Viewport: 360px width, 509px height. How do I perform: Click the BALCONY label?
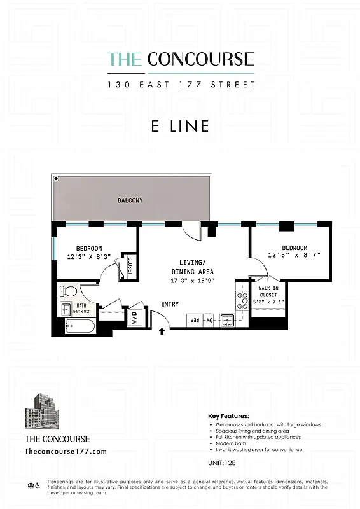130,200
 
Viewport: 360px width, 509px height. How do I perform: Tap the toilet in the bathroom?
68,292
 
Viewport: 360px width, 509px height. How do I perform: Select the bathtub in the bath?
80,328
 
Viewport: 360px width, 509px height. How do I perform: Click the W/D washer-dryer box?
135,317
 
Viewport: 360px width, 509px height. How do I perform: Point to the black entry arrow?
162,331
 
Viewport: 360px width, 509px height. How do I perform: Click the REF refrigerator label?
195,321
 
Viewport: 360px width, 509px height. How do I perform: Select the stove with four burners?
242,300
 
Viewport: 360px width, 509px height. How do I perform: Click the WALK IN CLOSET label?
268,291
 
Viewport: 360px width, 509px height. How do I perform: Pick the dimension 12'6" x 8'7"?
294,256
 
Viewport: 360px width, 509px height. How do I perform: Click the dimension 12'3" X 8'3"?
93,256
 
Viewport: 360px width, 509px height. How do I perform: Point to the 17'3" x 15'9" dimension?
192,280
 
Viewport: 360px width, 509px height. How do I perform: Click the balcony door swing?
191,232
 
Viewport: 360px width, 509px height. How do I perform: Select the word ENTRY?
170,304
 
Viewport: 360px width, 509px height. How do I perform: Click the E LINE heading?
180,126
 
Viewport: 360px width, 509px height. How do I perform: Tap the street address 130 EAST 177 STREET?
181,84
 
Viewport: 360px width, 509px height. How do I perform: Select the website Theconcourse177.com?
65,451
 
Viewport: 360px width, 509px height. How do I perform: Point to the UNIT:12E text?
222,463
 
